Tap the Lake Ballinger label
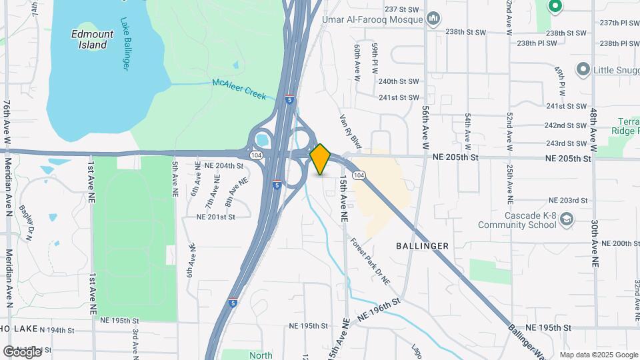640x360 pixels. (x=125, y=44)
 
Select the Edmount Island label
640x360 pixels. (x=89, y=39)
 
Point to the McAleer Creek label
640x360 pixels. (x=239, y=89)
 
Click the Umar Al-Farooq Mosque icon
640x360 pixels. (x=434, y=17)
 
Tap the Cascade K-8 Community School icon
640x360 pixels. (x=566, y=219)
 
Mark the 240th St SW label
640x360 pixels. (x=399, y=81)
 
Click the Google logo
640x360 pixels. (x=22, y=351)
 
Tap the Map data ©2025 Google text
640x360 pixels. (x=599, y=355)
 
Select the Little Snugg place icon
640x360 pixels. (x=583, y=69)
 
